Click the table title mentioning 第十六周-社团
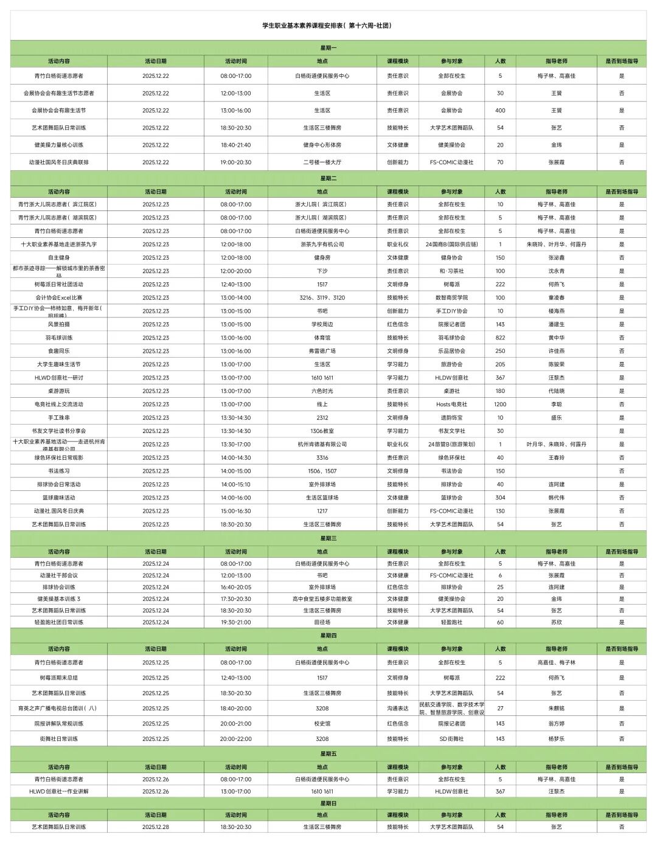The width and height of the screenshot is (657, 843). tap(327, 26)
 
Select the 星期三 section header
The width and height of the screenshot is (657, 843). tap(328, 538)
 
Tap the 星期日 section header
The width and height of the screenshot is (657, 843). tap(328, 803)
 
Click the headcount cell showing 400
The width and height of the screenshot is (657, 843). tap(500, 111)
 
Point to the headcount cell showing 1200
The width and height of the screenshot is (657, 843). tap(500, 404)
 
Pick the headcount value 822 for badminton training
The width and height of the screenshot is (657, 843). tap(500, 338)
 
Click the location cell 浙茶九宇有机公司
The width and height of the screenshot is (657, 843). tap(322, 245)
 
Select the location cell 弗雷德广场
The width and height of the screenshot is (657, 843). tap(322, 351)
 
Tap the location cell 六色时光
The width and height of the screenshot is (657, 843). tap(322, 391)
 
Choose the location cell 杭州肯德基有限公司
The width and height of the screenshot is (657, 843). tap(322, 445)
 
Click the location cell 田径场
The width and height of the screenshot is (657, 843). tap(322, 623)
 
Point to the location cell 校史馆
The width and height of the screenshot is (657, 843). tap(322, 724)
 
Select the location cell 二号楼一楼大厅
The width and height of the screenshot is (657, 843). tap(322, 162)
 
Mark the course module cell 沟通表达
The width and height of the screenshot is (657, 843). tap(398, 709)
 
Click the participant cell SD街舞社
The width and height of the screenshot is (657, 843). tap(451, 739)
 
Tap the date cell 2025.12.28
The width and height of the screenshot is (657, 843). tap(156, 827)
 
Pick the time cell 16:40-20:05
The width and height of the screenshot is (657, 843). tap(235, 588)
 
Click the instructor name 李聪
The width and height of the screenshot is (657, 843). tap(556, 404)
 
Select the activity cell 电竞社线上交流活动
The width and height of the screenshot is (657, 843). tap(59, 404)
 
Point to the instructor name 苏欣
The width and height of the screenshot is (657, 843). tap(556, 623)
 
